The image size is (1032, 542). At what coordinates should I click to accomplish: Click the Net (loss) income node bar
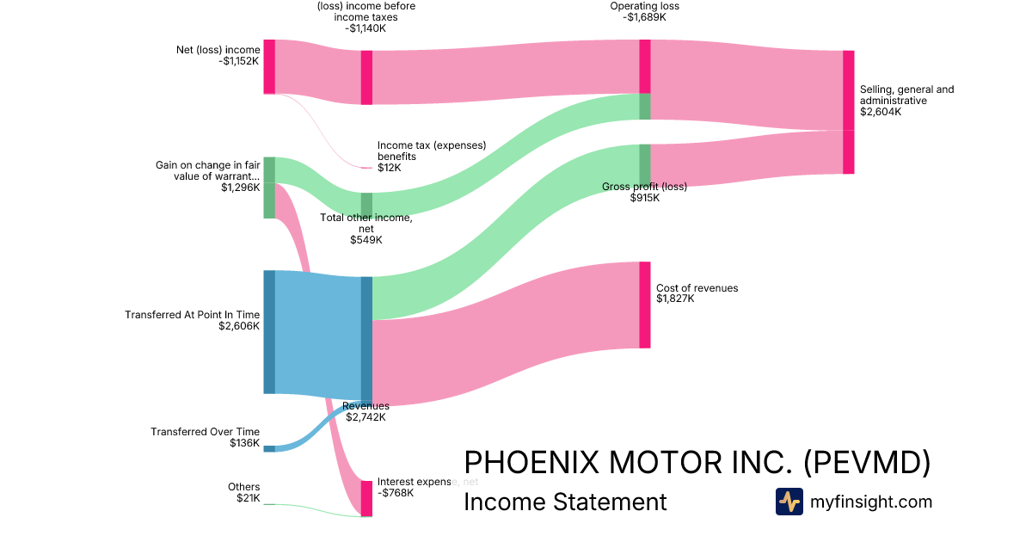(269, 67)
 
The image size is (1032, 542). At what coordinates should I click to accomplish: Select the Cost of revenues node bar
(645, 305)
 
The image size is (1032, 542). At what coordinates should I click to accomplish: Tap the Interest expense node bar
(366, 499)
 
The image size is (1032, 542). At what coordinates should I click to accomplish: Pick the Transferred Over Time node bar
(269, 449)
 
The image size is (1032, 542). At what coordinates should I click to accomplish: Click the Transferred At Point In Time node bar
(269, 332)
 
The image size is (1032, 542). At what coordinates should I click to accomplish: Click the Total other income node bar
(366, 206)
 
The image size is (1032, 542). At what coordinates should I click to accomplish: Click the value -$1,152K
(239, 61)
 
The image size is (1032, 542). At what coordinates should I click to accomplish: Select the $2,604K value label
(881, 112)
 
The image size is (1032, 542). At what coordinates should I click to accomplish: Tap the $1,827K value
(675, 299)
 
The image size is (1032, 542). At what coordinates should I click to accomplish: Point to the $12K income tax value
(390, 168)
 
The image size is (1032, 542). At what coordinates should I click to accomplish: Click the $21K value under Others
(249, 498)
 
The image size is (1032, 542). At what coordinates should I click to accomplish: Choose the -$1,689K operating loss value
(644, 17)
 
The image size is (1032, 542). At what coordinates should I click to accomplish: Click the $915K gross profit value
(644, 198)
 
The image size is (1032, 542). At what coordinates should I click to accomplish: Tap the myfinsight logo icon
(789, 502)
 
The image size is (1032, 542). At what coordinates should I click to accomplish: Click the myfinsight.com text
(871, 502)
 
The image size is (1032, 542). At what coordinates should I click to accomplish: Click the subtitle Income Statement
(565, 502)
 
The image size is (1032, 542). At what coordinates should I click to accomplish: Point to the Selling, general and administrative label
(906, 95)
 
